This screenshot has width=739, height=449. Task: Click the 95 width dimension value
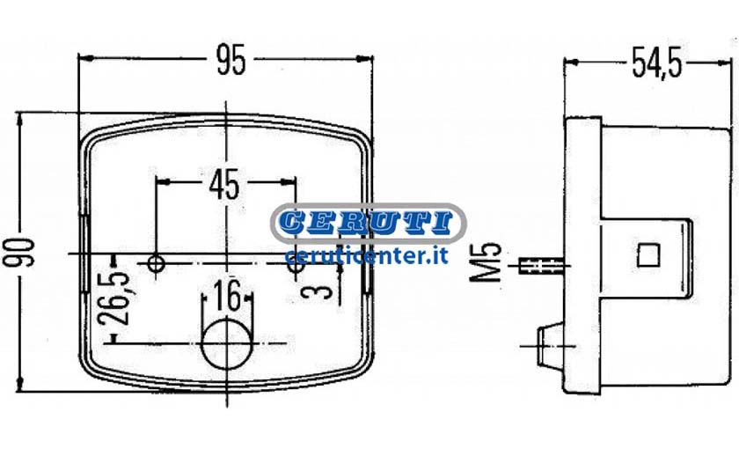click(230, 60)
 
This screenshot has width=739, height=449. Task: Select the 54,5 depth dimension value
click(656, 63)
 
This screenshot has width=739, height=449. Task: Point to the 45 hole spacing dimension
click(224, 184)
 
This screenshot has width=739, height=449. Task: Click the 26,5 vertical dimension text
click(113, 298)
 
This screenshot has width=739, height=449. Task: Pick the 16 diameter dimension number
click(227, 296)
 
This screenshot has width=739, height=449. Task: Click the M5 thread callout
click(486, 262)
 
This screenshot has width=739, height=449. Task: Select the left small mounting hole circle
click(156, 262)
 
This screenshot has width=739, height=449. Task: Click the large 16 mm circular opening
click(227, 342)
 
